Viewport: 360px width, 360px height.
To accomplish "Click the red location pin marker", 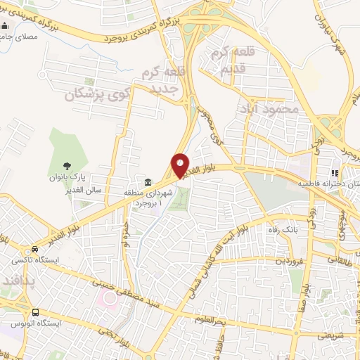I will pyautogui.click(x=181, y=165).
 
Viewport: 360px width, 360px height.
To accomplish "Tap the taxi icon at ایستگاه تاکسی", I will pyautogui.click(x=35, y=250).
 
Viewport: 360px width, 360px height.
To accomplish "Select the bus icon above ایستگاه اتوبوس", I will pyautogui.click(x=35, y=311).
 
